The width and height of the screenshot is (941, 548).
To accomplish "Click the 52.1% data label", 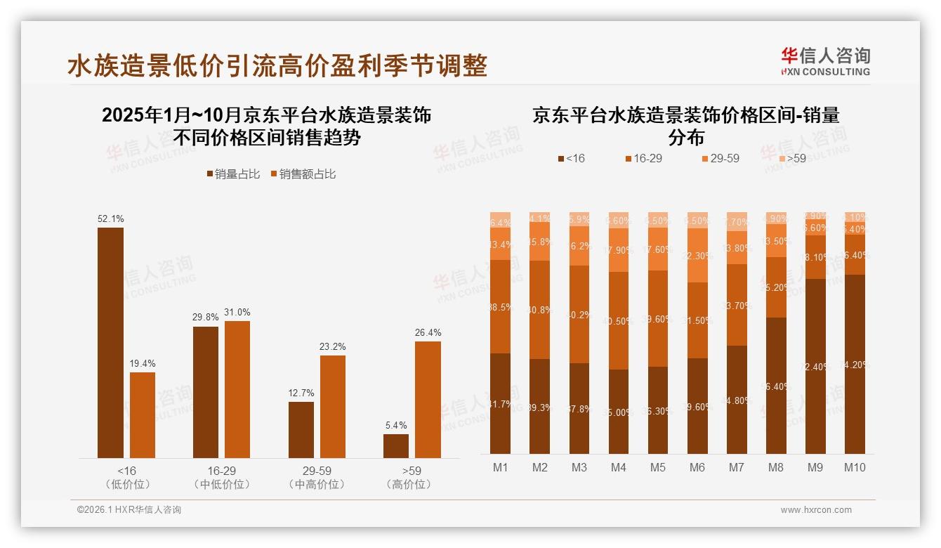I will (x=110, y=219).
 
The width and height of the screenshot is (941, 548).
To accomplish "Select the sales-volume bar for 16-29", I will (x=205, y=392).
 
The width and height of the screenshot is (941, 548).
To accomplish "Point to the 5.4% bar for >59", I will (x=395, y=446).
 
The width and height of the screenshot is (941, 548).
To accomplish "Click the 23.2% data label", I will (x=332, y=347).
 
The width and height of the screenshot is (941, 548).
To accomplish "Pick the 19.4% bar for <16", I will (x=143, y=415).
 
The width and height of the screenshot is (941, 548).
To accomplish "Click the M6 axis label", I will (x=697, y=467).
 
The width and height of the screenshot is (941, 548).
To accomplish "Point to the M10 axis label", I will (x=854, y=467).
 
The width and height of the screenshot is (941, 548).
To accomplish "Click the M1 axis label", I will (x=500, y=467).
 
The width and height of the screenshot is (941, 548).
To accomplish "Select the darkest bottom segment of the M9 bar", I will (x=815, y=366).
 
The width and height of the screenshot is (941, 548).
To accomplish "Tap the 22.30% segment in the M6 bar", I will (x=697, y=255).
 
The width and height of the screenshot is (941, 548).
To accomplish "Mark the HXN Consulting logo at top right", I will (x=825, y=61).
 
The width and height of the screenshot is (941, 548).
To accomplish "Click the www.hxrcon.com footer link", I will (x=816, y=510).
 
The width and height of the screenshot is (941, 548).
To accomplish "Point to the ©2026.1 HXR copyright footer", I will (x=129, y=510).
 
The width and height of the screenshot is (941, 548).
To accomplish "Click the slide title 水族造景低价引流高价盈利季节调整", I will (x=277, y=67).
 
